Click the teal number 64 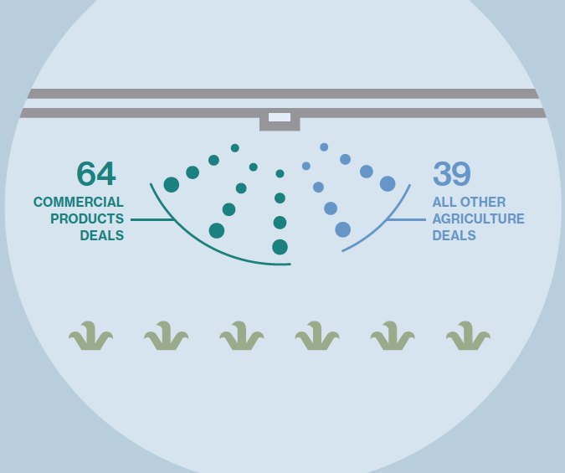tap(96, 173)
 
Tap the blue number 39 tap(452, 173)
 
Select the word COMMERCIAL tap(79, 202)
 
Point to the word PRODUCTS tap(87, 219)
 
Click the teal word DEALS tap(102, 235)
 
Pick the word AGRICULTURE tap(479, 219)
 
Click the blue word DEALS tap(454, 235)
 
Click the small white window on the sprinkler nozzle tap(280, 117)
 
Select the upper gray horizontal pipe tap(283, 94)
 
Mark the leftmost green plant tap(90, 336)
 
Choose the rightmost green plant tap(468, 336)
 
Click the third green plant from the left tap(242, 336)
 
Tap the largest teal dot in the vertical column tap(280, 247)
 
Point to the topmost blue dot tap(324, 147)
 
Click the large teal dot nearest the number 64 tap(172, 184)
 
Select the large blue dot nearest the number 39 tap(388, 184)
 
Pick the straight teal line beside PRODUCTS tap(153, 219)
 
